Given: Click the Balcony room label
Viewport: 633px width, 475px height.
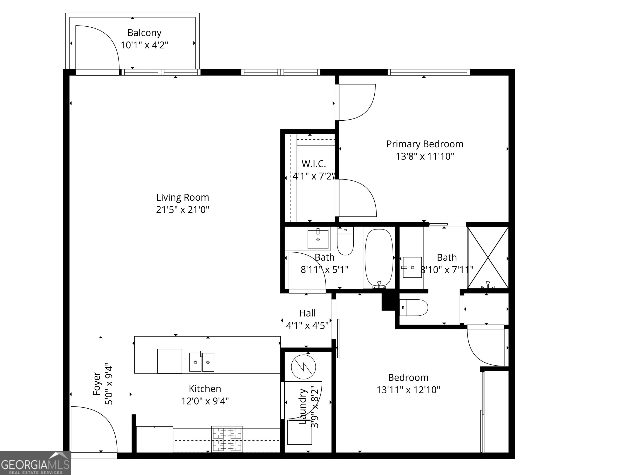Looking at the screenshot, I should (x=144, y=33).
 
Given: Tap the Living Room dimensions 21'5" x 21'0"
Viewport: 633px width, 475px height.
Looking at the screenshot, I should (x=183, y=210).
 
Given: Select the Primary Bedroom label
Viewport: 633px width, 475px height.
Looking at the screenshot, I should (x=425, y=144).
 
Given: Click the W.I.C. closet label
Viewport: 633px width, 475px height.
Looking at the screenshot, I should (x=314, y=164).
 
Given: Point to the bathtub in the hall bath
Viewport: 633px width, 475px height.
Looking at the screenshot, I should (x=379, y=257).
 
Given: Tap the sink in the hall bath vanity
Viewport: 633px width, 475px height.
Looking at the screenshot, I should (x=318, y=239).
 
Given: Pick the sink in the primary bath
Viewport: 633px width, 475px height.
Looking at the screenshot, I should (x=412, y=267).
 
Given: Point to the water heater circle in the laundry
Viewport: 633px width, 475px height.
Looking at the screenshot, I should (x=303, y=367).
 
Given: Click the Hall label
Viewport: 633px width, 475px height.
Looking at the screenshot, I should (x=307, y=313).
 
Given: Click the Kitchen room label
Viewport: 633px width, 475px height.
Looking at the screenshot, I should (x=205, y=389).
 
